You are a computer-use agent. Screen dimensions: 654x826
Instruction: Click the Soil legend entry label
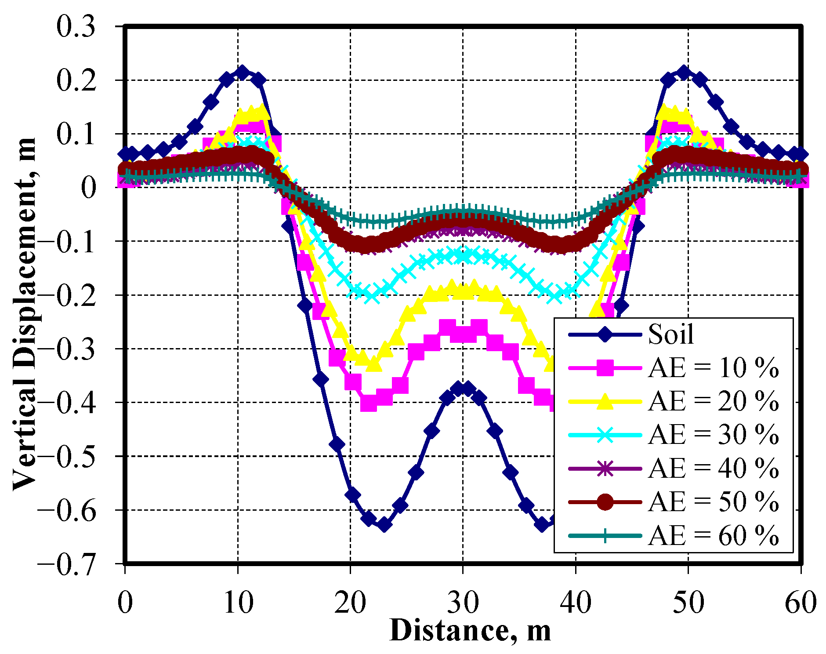(671, 334)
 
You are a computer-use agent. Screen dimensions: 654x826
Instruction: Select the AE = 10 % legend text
(713, 368)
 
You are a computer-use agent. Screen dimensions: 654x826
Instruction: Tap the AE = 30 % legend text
(713, 435)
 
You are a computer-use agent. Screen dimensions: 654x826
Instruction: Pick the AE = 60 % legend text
(713, 536)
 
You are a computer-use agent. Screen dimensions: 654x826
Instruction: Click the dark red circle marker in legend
(605, 502)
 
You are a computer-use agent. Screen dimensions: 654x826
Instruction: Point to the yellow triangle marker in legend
(605, 401)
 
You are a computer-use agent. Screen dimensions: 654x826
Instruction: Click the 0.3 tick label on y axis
(76, 27)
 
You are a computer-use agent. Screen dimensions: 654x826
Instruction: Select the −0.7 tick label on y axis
(66, 563)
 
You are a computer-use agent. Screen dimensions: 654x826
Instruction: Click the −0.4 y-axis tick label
(66, 403)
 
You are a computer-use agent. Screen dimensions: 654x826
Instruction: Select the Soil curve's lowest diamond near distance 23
(384, 524)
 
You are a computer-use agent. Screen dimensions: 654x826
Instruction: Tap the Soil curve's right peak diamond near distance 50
(683, 73)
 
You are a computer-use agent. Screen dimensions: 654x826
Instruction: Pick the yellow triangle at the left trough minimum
(373, 364)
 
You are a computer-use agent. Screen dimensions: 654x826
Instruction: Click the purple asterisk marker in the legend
(605, 469)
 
